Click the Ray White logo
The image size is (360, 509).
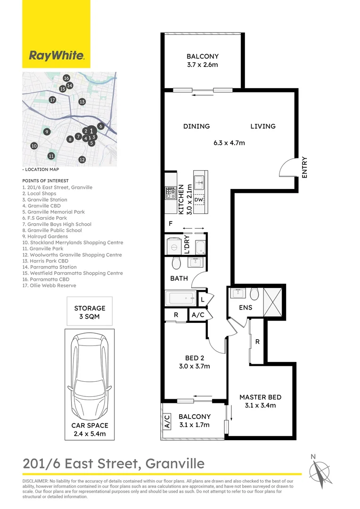(x=56, y=56)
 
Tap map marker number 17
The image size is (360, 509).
(x=52, y=100)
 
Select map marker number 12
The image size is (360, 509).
(x=82, y=160)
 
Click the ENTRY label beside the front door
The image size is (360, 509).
(x=304, y=167)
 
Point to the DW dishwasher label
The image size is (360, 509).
(x=198, y=200)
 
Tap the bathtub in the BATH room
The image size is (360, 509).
(x=180, y=297)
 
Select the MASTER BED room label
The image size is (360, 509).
(x=257, y=397)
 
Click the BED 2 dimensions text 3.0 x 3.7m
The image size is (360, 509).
(x=195, y=366)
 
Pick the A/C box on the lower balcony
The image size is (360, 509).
(x=167, y=420)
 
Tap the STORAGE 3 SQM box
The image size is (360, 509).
(x=90, y=312)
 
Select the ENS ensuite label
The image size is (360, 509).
(x=245, y=308)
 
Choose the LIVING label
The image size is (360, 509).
(x=262, y=126)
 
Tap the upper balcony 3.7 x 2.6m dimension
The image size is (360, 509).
(x=203, y=66)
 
